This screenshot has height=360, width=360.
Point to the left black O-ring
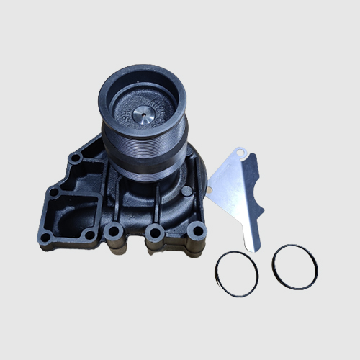[235, 272]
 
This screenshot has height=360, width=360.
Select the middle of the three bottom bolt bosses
[152, 232]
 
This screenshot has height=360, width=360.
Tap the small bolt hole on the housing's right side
[187, 192]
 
